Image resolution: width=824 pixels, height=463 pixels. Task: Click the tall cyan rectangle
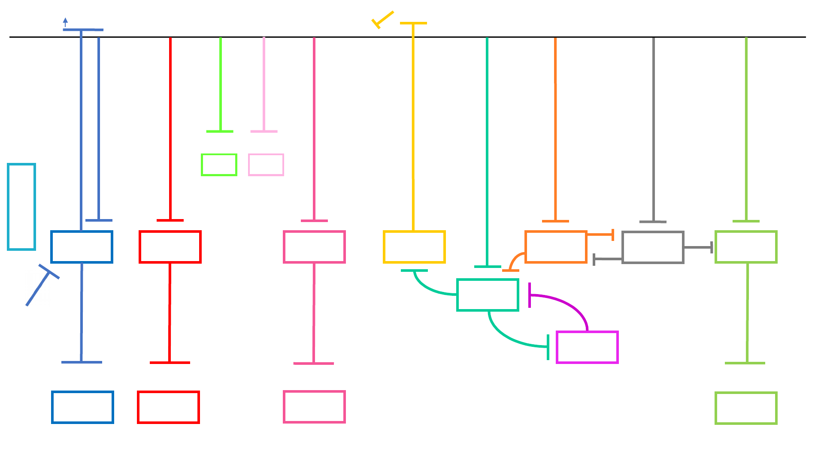[21, 207]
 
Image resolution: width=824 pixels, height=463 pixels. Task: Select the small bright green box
[219, 165]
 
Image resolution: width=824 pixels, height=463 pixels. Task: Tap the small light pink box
[266, 165]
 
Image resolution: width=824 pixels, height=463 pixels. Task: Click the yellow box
[414, 247]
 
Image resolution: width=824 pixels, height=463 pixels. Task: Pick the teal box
[488, 295]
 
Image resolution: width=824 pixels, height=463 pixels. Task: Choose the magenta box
[587, 347]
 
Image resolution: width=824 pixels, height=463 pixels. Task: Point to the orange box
[556, 247]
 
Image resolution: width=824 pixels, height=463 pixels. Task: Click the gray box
[653, 247]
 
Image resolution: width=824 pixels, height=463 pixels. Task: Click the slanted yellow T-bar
[383, 19]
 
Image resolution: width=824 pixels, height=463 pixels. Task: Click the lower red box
[168, 407]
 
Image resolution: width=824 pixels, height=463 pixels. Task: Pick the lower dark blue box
[82, 407]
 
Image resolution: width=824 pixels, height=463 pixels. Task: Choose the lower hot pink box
[314, 407]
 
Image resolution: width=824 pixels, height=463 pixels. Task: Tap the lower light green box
[746, 408]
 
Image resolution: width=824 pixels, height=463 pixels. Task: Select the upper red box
[170, 247]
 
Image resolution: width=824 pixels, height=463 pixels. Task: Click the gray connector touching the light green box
[698, 247]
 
